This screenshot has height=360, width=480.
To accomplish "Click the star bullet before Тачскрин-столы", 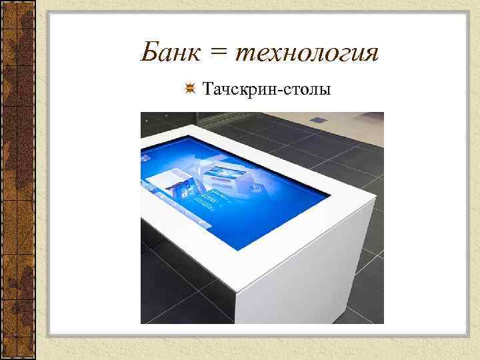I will pyautogui.click(x=190, y=89).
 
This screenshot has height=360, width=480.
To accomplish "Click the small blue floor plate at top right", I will pyautogui.click(x=319, y=120).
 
